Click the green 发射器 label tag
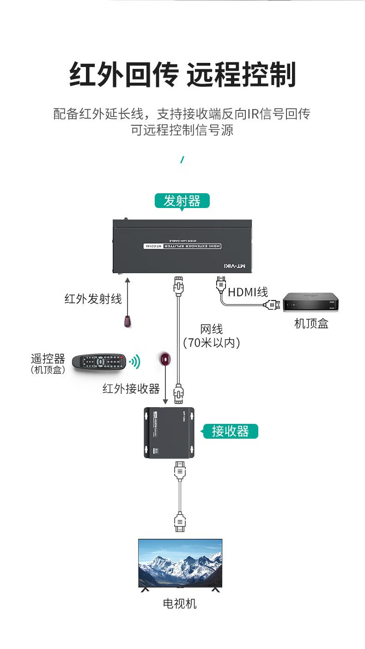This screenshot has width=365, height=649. click(182, 201)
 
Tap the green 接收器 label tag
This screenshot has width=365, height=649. click(230, 431)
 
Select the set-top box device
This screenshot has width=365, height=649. click(311, 303)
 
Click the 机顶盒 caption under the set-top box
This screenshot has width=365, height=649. click(311, 324)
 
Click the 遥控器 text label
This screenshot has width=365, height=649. click(48, 359)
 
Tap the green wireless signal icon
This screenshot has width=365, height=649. click(134, 361)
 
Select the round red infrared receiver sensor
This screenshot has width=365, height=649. click(165, 358)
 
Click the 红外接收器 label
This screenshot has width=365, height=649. click(131, 389)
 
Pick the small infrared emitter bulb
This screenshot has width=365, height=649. click(128, 322)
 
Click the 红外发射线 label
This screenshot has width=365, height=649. click(93, 299)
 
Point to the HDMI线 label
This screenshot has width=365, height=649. click(248, 292)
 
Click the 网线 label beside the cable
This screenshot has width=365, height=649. click(212, 329)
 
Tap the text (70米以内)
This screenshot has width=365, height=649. click(212, 343)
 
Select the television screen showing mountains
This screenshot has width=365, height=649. click(180, 563)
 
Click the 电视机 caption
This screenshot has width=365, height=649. click(180, 604)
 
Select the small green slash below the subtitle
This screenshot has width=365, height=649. click(182, 160)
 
